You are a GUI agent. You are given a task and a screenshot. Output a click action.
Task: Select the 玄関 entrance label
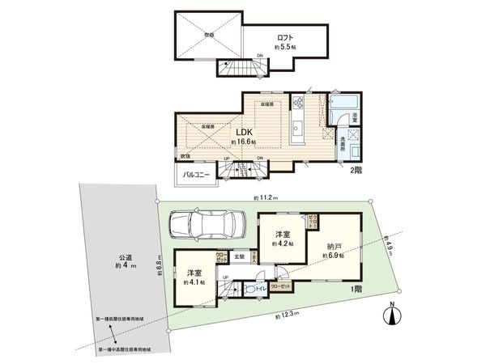coord(240,257)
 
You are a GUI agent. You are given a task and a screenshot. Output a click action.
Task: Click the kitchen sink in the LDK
coord(297,128)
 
